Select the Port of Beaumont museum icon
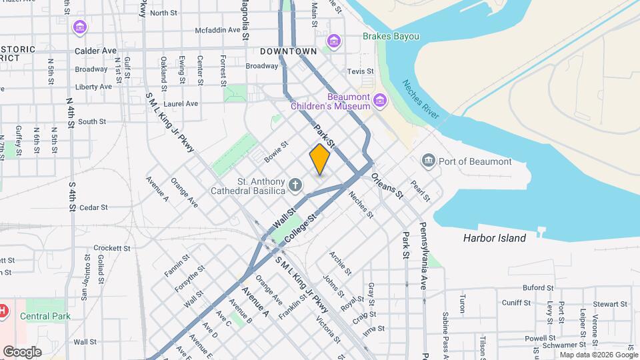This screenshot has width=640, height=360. [x=428, y=161]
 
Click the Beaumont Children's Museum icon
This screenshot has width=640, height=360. [x=380, y=101]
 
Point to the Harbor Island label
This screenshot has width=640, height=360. [x=495, y=238]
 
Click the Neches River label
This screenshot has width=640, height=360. [x=420, y=100]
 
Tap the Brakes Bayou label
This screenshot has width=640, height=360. [x=391, y=36]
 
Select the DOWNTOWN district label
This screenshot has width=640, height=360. [x=288, y=51]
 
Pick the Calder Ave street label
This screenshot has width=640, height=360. [x=95, y=51]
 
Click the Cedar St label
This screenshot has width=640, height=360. [x=93, y=207]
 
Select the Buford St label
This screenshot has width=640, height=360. [x=538, y=287]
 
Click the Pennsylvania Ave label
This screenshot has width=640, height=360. [x=423, y=256]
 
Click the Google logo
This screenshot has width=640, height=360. [x=23, y=351]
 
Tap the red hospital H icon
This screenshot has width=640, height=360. [x=3, y=311]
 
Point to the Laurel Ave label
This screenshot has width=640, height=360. [x=181, y=103]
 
